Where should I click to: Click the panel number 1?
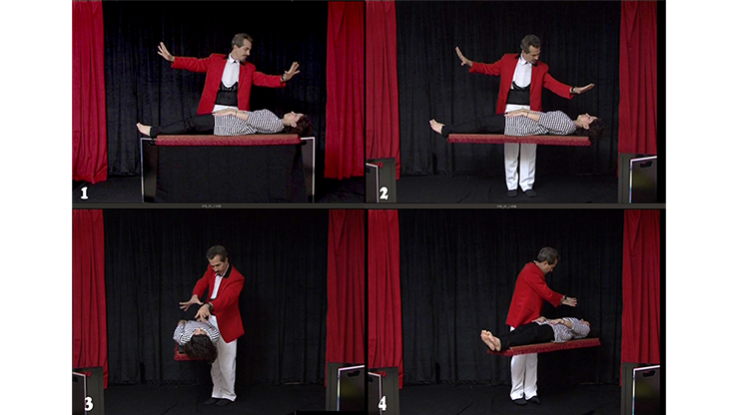(x=84, y=192)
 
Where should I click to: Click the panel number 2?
(x=384, y=193)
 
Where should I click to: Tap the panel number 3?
(x=88, y=403)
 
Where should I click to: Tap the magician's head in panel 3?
(x=217, y=256)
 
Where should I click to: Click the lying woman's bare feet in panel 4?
(x=490, y=340)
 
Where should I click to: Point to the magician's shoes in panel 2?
(x=521, y=192)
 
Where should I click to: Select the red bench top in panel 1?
(x=227, y=141)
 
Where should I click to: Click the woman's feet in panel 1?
(x=144, y=129)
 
